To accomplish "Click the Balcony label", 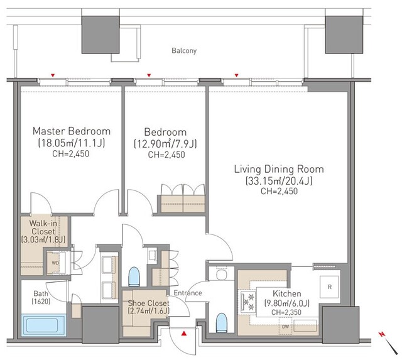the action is [184, 50].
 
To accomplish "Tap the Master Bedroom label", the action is [72, 131].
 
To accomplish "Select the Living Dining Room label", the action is [279, 169].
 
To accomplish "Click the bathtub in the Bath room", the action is [43, 325].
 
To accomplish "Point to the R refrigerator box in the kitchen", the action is [329, 287].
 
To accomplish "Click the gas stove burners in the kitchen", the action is [247, 302].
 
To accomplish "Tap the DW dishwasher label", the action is [285, 327].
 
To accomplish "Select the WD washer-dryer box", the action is [56, 263].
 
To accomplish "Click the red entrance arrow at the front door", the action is [184, 334].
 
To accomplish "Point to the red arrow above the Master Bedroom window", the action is [53, 75].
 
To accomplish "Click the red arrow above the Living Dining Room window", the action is [237, 75].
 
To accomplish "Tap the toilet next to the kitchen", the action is [222, 322].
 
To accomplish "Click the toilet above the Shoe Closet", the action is [134, 276].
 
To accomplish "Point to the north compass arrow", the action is [389, 342].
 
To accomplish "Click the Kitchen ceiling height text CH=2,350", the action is [286, 312].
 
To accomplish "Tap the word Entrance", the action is [188, 293].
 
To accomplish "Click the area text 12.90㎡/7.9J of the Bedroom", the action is [165, 144].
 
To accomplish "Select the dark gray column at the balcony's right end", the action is [344, 35].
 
